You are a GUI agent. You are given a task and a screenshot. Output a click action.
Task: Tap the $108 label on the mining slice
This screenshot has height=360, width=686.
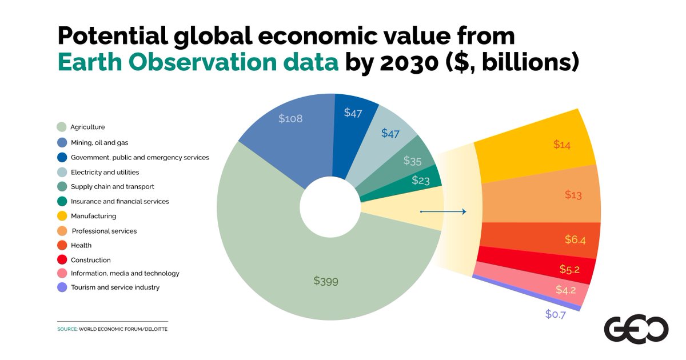tap(290, 119)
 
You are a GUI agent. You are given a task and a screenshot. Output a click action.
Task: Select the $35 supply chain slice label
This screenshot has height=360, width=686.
tap(412, 161)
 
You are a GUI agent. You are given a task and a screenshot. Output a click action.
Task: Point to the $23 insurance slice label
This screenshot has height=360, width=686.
tap(421, 180)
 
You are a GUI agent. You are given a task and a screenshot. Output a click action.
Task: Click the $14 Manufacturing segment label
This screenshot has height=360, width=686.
tap(561, 145)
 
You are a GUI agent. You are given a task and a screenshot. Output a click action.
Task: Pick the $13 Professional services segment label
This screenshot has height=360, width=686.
tap(573, 195)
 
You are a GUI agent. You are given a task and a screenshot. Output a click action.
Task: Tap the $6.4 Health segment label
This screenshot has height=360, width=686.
tap(575, 239)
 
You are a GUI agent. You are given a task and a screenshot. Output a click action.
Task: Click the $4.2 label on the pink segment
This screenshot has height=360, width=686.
tap(565, 290)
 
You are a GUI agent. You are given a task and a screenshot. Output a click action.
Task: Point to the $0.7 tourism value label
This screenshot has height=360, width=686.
tap(555, 314)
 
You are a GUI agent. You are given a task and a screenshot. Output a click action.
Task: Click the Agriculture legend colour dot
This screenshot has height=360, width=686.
tap(62, 127)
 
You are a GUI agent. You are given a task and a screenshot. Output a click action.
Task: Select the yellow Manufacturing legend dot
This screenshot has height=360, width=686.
tap(62, 216)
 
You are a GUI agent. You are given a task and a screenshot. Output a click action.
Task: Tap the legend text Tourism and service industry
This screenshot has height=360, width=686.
tap(115, 287)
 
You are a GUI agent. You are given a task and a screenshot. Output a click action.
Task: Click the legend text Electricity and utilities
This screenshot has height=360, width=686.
tap(105, 172)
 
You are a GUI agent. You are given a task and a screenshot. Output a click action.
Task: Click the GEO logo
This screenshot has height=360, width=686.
tap(636, 329)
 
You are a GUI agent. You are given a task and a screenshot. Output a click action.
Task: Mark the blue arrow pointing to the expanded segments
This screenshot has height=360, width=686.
tap(444, 212)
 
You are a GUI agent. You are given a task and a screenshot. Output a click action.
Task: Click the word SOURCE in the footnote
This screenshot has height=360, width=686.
tap(67, 330)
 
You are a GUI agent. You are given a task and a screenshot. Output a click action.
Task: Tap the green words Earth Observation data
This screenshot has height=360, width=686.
tap(198, 63)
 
